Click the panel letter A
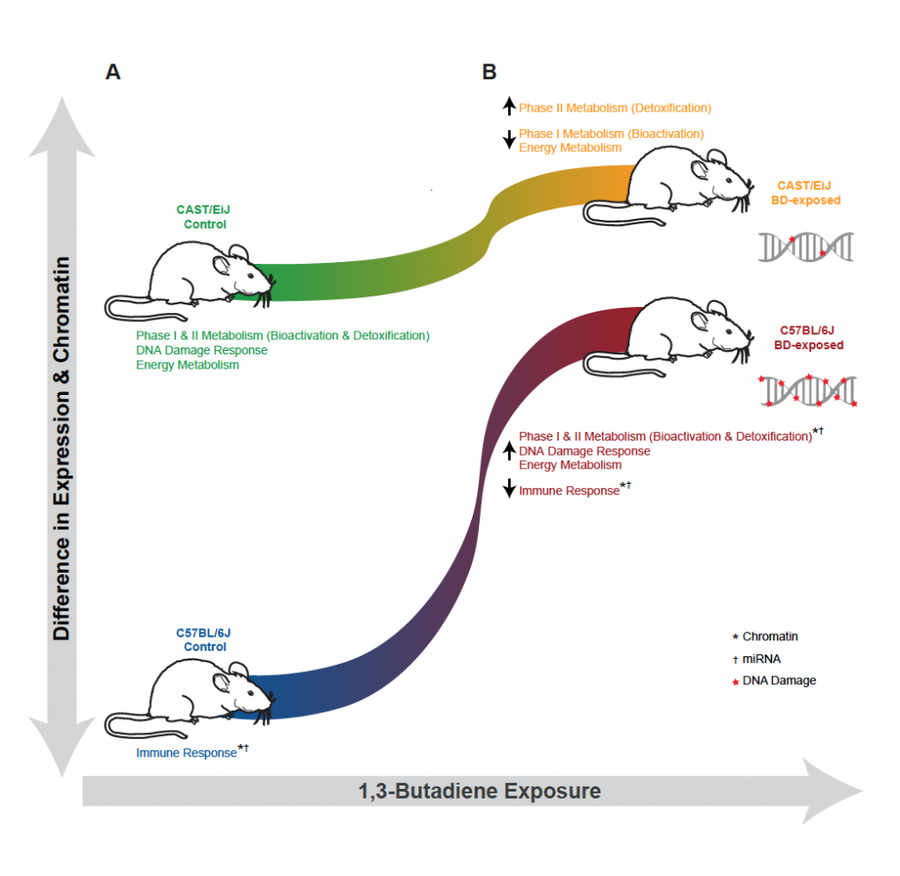(112, 72)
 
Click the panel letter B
(490, 72)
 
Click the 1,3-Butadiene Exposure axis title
(480, 791)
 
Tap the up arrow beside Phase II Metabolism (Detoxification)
(509, 108)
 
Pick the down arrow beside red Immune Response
(509, 489)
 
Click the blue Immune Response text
(186, 753)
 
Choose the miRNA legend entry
(762, 659)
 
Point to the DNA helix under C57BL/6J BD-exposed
(806, 390)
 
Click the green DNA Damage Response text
(201, 350)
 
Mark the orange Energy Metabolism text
(570, 148)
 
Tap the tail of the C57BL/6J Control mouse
(132, 726)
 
